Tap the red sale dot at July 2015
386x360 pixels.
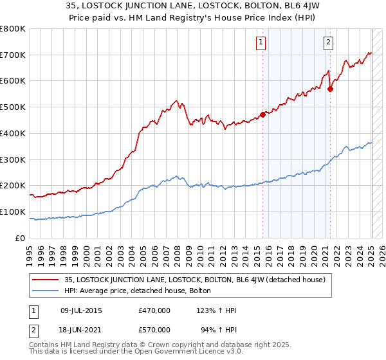coord(262,115)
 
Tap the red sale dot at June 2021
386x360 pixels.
coord(330,89)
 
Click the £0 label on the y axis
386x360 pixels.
coord(19,238)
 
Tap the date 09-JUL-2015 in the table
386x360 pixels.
coord(81,310)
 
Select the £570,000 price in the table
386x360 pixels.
coord(154,330)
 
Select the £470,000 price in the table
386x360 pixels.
coord(154,310)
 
